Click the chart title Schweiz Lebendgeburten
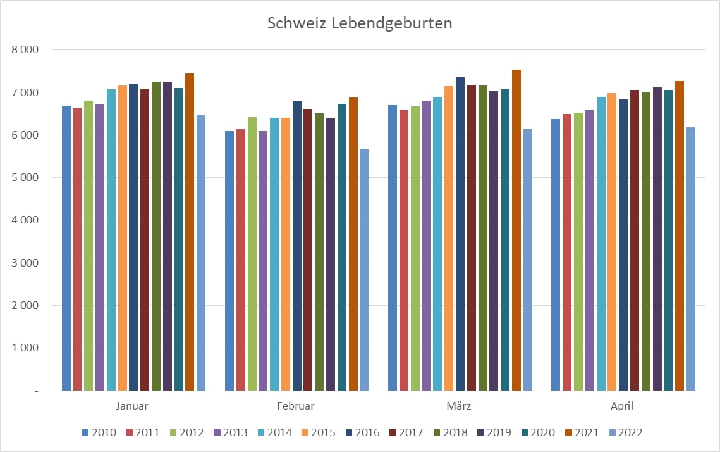360,23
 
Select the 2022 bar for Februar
364,270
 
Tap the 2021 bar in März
516,230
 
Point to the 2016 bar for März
460,234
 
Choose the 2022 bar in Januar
201,253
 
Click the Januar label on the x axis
133,406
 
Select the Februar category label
296,406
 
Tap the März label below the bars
460,406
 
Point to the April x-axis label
623,406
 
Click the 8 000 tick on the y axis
25,50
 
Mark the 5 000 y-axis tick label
25,178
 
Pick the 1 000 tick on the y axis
25,348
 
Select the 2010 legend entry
99,432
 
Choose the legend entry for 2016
363,432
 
